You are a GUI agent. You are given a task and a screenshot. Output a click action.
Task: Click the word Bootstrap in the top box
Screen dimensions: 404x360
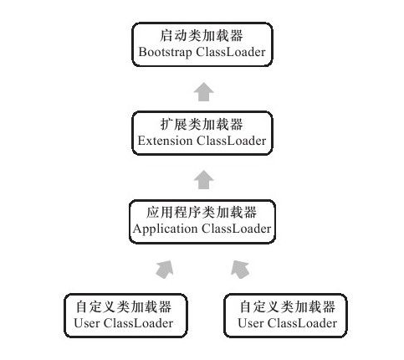pyautogui.click(x=165, y=53)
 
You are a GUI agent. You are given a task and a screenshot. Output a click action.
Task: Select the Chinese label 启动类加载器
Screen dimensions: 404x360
pyautogui.click(x=202, y=36)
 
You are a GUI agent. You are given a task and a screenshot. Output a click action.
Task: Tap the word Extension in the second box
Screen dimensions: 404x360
pyautogui.click(x=165, y=141)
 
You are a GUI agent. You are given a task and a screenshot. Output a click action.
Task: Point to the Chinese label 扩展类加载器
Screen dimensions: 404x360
pyautogui.click(x=202, y=124)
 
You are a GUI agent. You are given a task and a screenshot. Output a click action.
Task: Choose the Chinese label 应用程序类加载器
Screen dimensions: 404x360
pyautogui.click(x=202, y=213)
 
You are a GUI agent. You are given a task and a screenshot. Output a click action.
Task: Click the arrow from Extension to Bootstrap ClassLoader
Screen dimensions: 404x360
pyautogui.click(x=204, y=91)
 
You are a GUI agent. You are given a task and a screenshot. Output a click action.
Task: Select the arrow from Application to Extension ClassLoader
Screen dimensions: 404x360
pyautogui.click(x=204, y=179)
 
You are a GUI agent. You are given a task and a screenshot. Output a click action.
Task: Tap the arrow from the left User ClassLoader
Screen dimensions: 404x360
pyautogui.click(x=166, y=270)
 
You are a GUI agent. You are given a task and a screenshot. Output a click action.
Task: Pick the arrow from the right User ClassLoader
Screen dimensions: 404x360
pyautogui.click(x=240, y=270)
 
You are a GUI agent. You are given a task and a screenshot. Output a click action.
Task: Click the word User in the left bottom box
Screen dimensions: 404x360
pyautogui.click(x=87, y=323)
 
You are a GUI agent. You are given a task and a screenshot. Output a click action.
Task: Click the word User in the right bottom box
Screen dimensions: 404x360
pyautogui.click(x=251, y=323)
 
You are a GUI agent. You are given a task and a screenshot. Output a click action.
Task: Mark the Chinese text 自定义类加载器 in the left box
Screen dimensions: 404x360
pyautogui.click(x=124, y=306)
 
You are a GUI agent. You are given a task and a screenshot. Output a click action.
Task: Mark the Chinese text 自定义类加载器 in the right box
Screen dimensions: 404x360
pyautogui.click(x=288, y=306)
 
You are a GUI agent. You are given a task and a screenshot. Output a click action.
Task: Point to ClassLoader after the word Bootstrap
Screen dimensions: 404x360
pyautogui.click(x=231, y=52)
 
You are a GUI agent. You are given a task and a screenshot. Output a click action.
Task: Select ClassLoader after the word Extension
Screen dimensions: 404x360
pyautogui.click(x=232, y=141)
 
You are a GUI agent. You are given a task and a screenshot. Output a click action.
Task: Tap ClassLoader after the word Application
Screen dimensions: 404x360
pyautogui.click(x=236, y=229)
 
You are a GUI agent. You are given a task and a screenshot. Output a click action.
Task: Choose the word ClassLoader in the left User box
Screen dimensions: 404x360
pyautogui.click(x=138, y=323)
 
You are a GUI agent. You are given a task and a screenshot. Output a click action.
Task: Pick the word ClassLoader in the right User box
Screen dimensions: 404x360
pyautogui.click(x=302, y=323)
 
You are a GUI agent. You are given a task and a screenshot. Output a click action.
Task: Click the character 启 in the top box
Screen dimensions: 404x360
pyautogui.click(x=166, y=36)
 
